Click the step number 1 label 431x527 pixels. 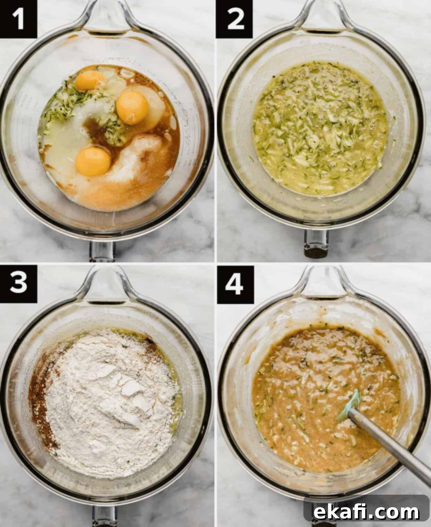point(18,19)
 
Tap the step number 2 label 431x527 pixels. point(234,19)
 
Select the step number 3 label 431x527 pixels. point(18,284)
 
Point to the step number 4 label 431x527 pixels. point(235,285)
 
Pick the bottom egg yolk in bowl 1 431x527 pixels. point(93,161)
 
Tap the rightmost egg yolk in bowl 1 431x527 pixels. point(132,107)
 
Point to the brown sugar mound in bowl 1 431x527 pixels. point(135,170)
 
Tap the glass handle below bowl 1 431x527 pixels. point(103,251)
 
